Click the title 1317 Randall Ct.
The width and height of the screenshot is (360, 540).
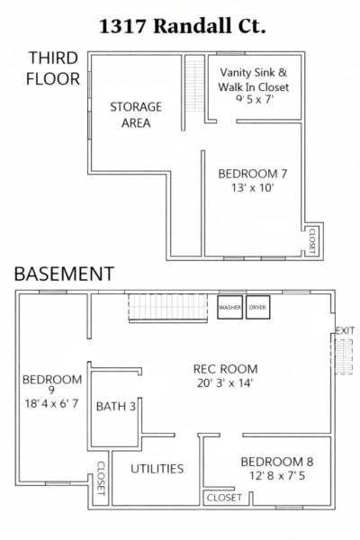point(182,26)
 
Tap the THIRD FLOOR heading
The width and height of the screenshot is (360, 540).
point(53,68)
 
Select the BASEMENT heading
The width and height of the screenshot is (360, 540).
point(64,274)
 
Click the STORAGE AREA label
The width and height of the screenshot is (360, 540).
point(136,114)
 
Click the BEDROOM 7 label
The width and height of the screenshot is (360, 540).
point(253,174)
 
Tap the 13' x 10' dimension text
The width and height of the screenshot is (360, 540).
point(253,188)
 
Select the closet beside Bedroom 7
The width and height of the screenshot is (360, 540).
point(312,241)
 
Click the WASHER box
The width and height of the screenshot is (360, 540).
point(229,307)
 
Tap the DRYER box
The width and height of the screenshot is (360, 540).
point(257,307)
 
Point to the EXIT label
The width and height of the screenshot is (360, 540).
point(345,330)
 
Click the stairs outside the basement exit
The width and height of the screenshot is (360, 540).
point(344,356)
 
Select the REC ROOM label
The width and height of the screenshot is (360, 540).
point(225,369)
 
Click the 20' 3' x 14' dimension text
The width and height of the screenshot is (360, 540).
point(225,383)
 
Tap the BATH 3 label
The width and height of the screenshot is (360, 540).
point(116,407)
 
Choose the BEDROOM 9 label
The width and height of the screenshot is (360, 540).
point(52,384)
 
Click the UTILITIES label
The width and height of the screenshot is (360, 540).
point(157,469)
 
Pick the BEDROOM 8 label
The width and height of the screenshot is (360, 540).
point(277,462)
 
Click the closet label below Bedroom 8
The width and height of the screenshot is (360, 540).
point(224,498)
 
